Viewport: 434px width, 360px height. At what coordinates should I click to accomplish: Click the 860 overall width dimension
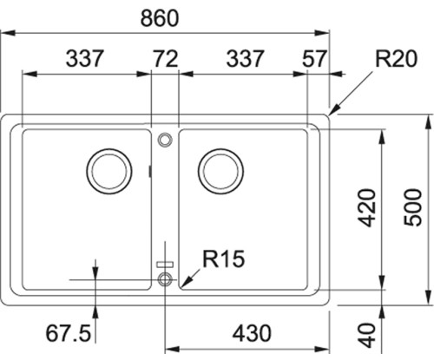160,18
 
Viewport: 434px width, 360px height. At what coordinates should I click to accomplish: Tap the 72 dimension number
165,59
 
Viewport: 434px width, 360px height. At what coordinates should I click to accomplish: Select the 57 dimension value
314,59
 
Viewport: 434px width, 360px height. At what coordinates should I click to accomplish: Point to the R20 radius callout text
396,59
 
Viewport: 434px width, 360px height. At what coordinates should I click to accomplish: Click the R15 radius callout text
224,259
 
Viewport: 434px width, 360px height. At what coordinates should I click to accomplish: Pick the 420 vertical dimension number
366,207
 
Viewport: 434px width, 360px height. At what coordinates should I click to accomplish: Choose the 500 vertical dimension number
412,207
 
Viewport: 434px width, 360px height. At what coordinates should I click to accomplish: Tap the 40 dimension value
366,335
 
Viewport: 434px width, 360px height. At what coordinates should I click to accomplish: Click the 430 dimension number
252,333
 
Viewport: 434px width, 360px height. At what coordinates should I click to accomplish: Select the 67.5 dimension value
69,333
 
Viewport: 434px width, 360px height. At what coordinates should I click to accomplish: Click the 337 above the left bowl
84,59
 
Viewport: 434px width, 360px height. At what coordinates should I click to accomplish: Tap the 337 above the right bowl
245,59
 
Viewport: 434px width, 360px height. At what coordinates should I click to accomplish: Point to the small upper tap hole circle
165,133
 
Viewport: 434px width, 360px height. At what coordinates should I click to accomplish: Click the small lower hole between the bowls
165,272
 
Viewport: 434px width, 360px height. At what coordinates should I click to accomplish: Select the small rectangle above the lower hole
165,265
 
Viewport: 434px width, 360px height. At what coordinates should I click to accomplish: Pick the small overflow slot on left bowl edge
149,171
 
